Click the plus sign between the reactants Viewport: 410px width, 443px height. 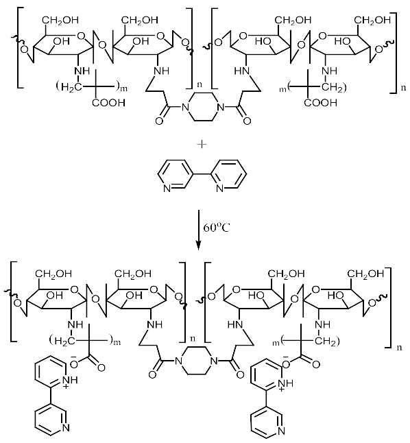pyautogui.click(x=203, y=145)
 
